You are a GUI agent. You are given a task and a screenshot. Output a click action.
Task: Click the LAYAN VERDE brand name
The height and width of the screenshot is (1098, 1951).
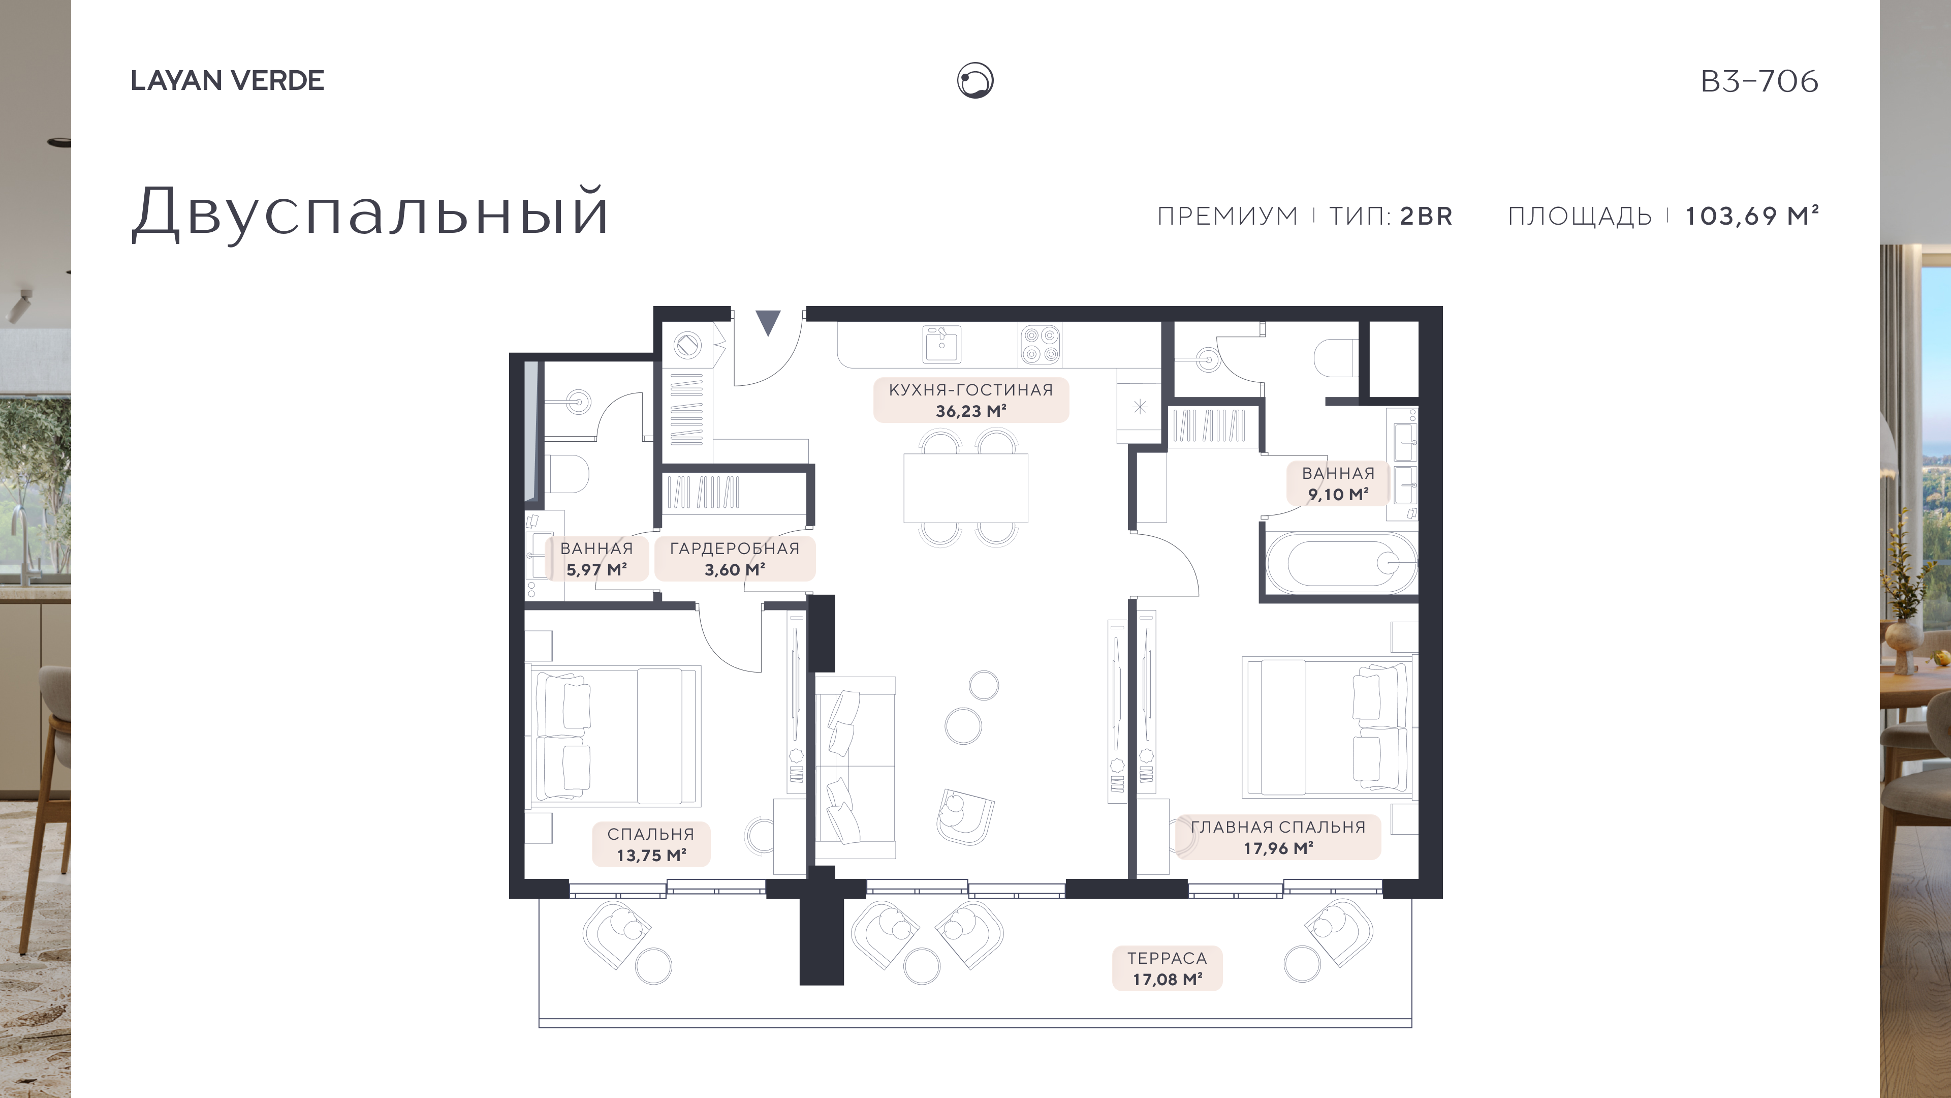[227, 80]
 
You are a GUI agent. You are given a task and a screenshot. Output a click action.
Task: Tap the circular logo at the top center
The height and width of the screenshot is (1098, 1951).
[975, 80]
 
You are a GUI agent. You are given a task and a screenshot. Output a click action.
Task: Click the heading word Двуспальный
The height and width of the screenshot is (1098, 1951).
[370, 211]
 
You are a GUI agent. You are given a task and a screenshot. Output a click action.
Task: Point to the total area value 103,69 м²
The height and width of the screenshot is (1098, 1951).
[1751, 216]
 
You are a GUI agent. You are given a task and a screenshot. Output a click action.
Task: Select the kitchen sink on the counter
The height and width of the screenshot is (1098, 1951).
[941, 344]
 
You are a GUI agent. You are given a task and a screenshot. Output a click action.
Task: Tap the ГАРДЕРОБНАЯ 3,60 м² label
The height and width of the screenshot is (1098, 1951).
[735, 559]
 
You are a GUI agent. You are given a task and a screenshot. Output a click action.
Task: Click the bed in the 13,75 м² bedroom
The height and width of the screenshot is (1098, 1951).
[615, 735]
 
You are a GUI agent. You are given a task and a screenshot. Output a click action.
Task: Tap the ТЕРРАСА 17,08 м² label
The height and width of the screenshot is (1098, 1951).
[1167, 968]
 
